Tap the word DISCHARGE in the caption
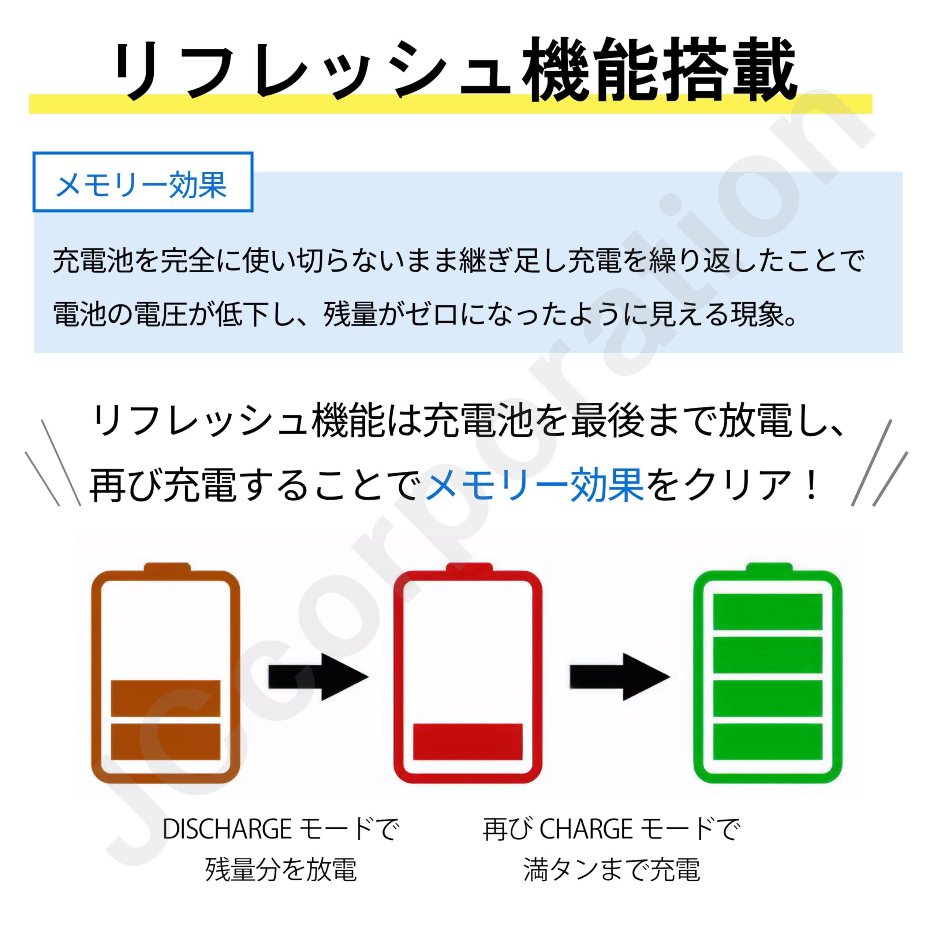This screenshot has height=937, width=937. [x=227, y=829]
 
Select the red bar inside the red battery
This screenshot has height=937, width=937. [x=467, y=742]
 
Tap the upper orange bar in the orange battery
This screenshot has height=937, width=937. [x=166, y=698]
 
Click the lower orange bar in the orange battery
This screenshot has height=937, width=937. [x=166, y=742]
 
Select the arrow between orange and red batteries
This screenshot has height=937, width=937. [x=318, y=676]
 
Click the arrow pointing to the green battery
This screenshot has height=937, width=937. [x=619, y=676]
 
